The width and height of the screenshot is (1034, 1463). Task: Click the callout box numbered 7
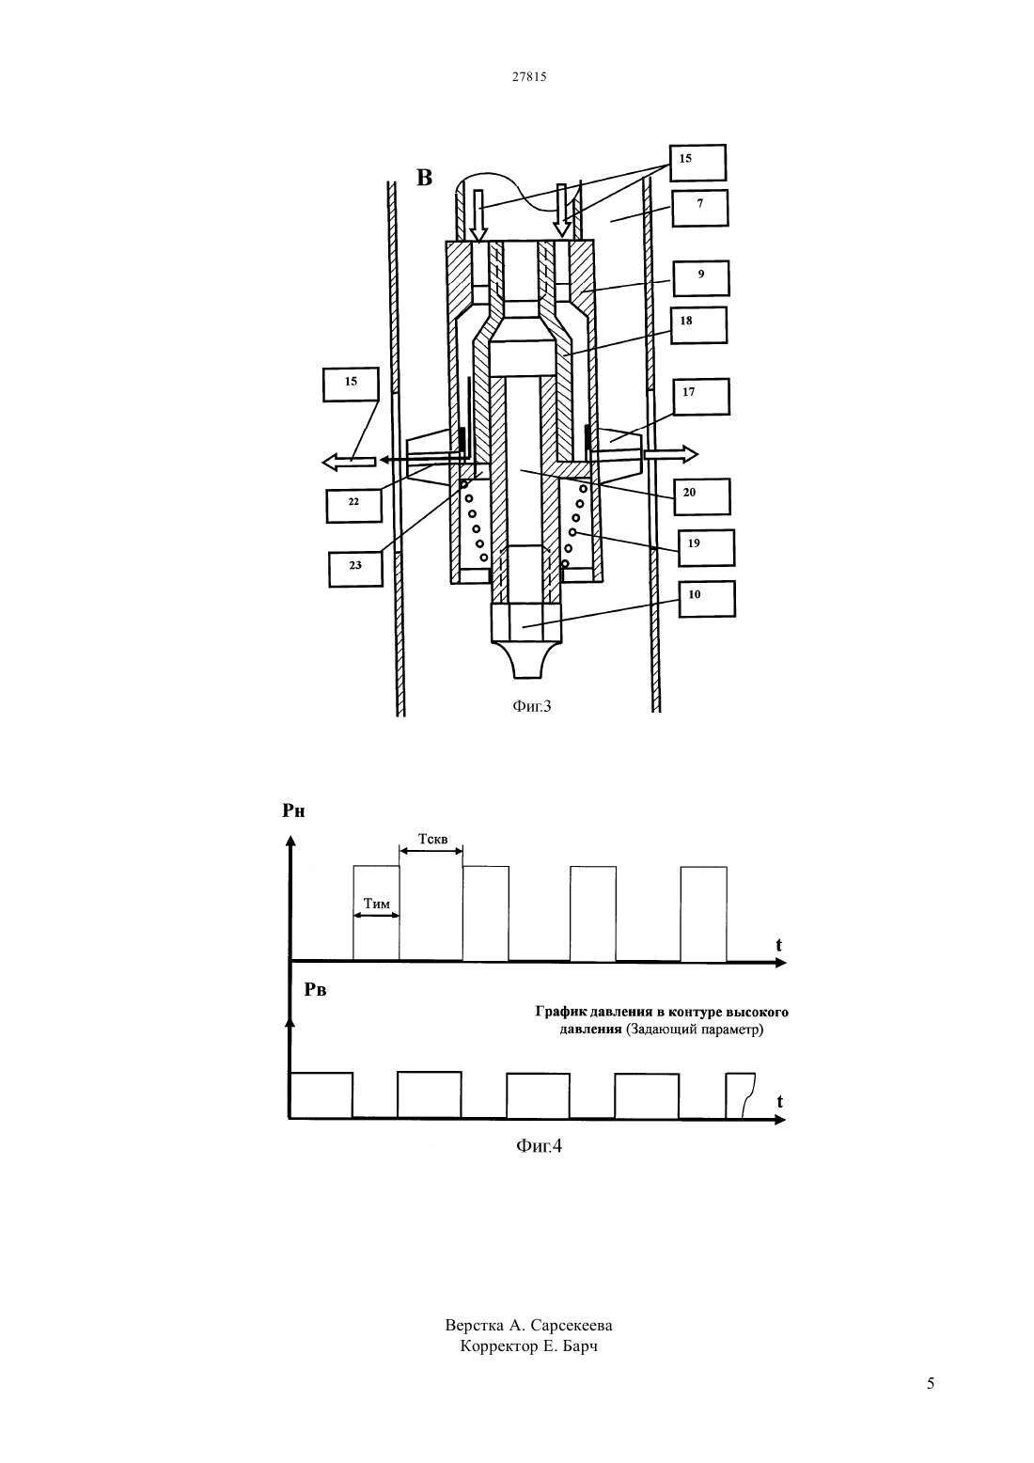click(x=700, y=208)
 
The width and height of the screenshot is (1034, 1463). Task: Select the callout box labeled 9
click(x=701, y=278)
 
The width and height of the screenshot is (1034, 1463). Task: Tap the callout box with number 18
click(x=699, y=325)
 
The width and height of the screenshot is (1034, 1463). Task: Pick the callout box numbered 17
click(x=701, y=397)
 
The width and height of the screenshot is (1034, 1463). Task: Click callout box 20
click(x=702, y=496)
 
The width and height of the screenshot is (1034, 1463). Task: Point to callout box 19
click(x=706, y=547)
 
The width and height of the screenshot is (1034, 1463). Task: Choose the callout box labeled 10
click(x=707, y=598)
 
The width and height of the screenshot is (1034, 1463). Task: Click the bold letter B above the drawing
click(x=424, y=178)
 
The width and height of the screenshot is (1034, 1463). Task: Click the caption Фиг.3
click(x=532, y=706)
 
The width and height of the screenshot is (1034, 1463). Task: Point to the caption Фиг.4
click(x=540, y=1145)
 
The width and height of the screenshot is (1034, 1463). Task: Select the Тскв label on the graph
click(x=432, y=839)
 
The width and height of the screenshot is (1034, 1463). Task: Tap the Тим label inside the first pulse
click(x=377, y=904)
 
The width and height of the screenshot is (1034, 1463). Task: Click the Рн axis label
click(x=293, y=810)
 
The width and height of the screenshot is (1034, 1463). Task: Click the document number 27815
click(x=529, y=76)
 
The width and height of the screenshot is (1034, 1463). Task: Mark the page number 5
click(x=931, y=1383)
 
